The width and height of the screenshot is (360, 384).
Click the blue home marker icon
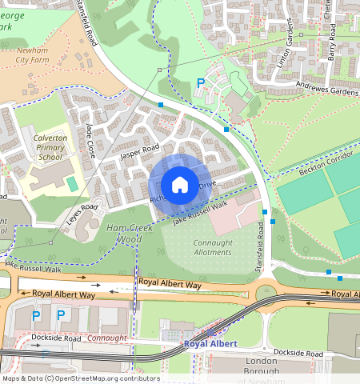180,185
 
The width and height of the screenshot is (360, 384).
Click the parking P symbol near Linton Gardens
201,82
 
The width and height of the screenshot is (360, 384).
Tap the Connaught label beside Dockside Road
106,338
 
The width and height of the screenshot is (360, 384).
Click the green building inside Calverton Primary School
73,184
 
